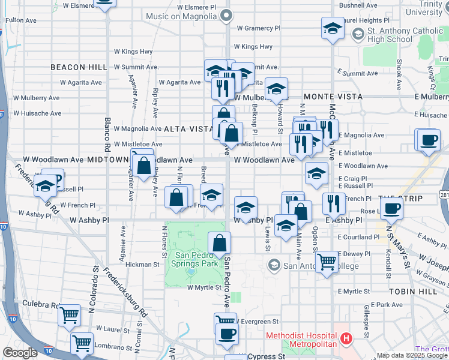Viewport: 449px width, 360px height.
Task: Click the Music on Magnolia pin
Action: click(225, 17)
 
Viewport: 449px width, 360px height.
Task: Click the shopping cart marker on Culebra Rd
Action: click(70, 314)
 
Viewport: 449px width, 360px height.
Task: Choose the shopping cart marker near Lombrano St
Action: click(82, 343)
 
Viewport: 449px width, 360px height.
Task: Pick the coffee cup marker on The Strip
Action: click(391, 209)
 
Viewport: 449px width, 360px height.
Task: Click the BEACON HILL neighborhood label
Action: click(74, 67)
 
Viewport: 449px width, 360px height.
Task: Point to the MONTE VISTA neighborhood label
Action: click(333, 96)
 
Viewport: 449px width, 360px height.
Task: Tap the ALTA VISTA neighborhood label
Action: click(185, 128)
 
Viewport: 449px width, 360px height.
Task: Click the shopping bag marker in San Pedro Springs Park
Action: click(220, 242)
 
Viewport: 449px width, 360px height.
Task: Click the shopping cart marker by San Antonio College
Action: click(327, 262)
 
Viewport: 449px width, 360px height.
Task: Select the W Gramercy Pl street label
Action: click(258, 28)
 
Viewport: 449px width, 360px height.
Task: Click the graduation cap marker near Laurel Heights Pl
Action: click(333, 28)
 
